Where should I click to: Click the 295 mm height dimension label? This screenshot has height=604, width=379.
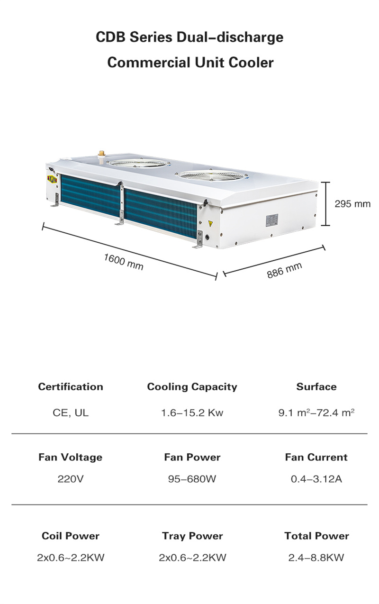click(x=352, y=204)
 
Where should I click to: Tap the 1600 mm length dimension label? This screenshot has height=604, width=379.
click(x=124, y=262)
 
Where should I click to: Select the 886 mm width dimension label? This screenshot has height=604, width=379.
click(x=284, y=270)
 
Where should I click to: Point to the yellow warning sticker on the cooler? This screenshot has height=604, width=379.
click(x=210, y=223)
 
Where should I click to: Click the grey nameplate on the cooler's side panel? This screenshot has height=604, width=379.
click(x=272, y=220)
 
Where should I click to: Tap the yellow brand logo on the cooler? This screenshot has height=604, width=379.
click(x=52, y=179)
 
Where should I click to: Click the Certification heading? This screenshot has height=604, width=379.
click(x=71, y=387)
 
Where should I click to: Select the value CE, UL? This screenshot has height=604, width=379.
click(x=71, y=413)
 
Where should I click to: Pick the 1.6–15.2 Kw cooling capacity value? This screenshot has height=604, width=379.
click(x=192, y=413)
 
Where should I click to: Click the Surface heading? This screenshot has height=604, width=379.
click(x=316, y=387)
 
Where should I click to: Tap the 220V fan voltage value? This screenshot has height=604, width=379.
click(x=71, y=479)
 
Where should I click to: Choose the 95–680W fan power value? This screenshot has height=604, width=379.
click(x=192, y=479)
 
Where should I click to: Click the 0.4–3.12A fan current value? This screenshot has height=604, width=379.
click(x=316, y=479)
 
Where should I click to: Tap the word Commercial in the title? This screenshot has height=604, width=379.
click(x=149, y=63)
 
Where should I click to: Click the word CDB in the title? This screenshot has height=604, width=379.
click(x=110, y=37)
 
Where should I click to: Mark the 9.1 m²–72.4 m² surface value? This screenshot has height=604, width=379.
click(x=316, y=412)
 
